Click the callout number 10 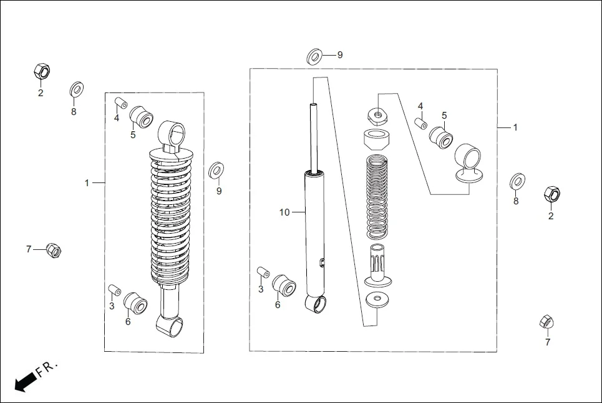coord(284,212)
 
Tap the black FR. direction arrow coord(24,381)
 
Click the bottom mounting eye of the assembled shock coord(171,324)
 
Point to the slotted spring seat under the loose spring coord(377,266)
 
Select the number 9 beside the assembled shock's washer coord(219,191)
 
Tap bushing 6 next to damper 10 coord(286,285)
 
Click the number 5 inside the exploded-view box coord(444,116)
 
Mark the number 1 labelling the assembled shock coord(87,182)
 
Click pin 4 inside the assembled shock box coord(122,102)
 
